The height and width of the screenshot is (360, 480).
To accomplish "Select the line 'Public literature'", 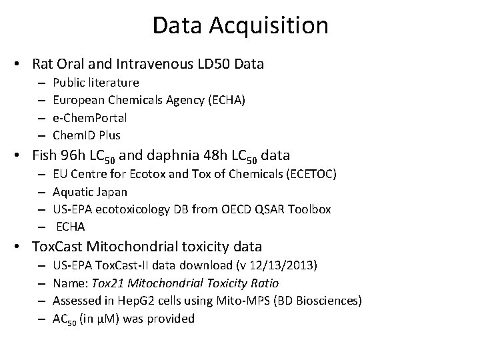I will pyautogui.click(x=96, y=83).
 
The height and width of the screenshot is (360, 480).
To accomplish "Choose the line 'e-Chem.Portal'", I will pyautogui.click(x=89, y=118).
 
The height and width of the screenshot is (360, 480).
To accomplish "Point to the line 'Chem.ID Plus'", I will pyautogui.click(x=87, y=135).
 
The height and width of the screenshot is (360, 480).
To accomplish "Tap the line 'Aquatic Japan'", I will pyautogui.click(x=90, y=192).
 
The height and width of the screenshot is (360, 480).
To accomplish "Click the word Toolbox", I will pyautogui.click(x=307, y=209).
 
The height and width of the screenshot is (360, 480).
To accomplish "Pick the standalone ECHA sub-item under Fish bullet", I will pyautogui.click(x=71, y=227).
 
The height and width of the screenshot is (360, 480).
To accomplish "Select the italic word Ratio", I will pyautogui.click(x=264, y=283).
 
